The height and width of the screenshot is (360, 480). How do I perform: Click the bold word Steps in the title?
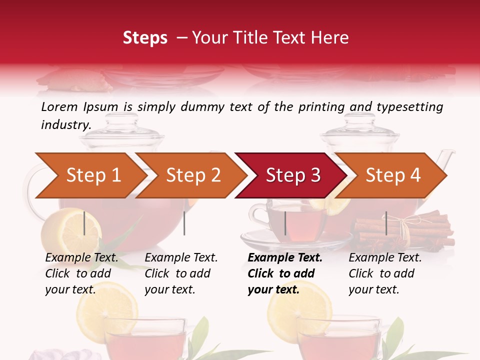point(145,38)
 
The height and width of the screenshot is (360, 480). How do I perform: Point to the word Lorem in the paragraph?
point(59,106)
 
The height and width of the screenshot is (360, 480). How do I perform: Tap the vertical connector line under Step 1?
point(84,223)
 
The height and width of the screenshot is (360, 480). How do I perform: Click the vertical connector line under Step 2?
point(184,223)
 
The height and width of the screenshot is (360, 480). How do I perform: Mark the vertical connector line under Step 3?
point(285,223)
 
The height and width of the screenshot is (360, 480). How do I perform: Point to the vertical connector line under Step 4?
point(386,223)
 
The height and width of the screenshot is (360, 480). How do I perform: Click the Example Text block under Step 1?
point(81,273)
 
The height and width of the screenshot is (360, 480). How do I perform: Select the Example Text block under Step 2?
point(181,273)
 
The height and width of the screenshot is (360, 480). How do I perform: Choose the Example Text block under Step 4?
point(385,273)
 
